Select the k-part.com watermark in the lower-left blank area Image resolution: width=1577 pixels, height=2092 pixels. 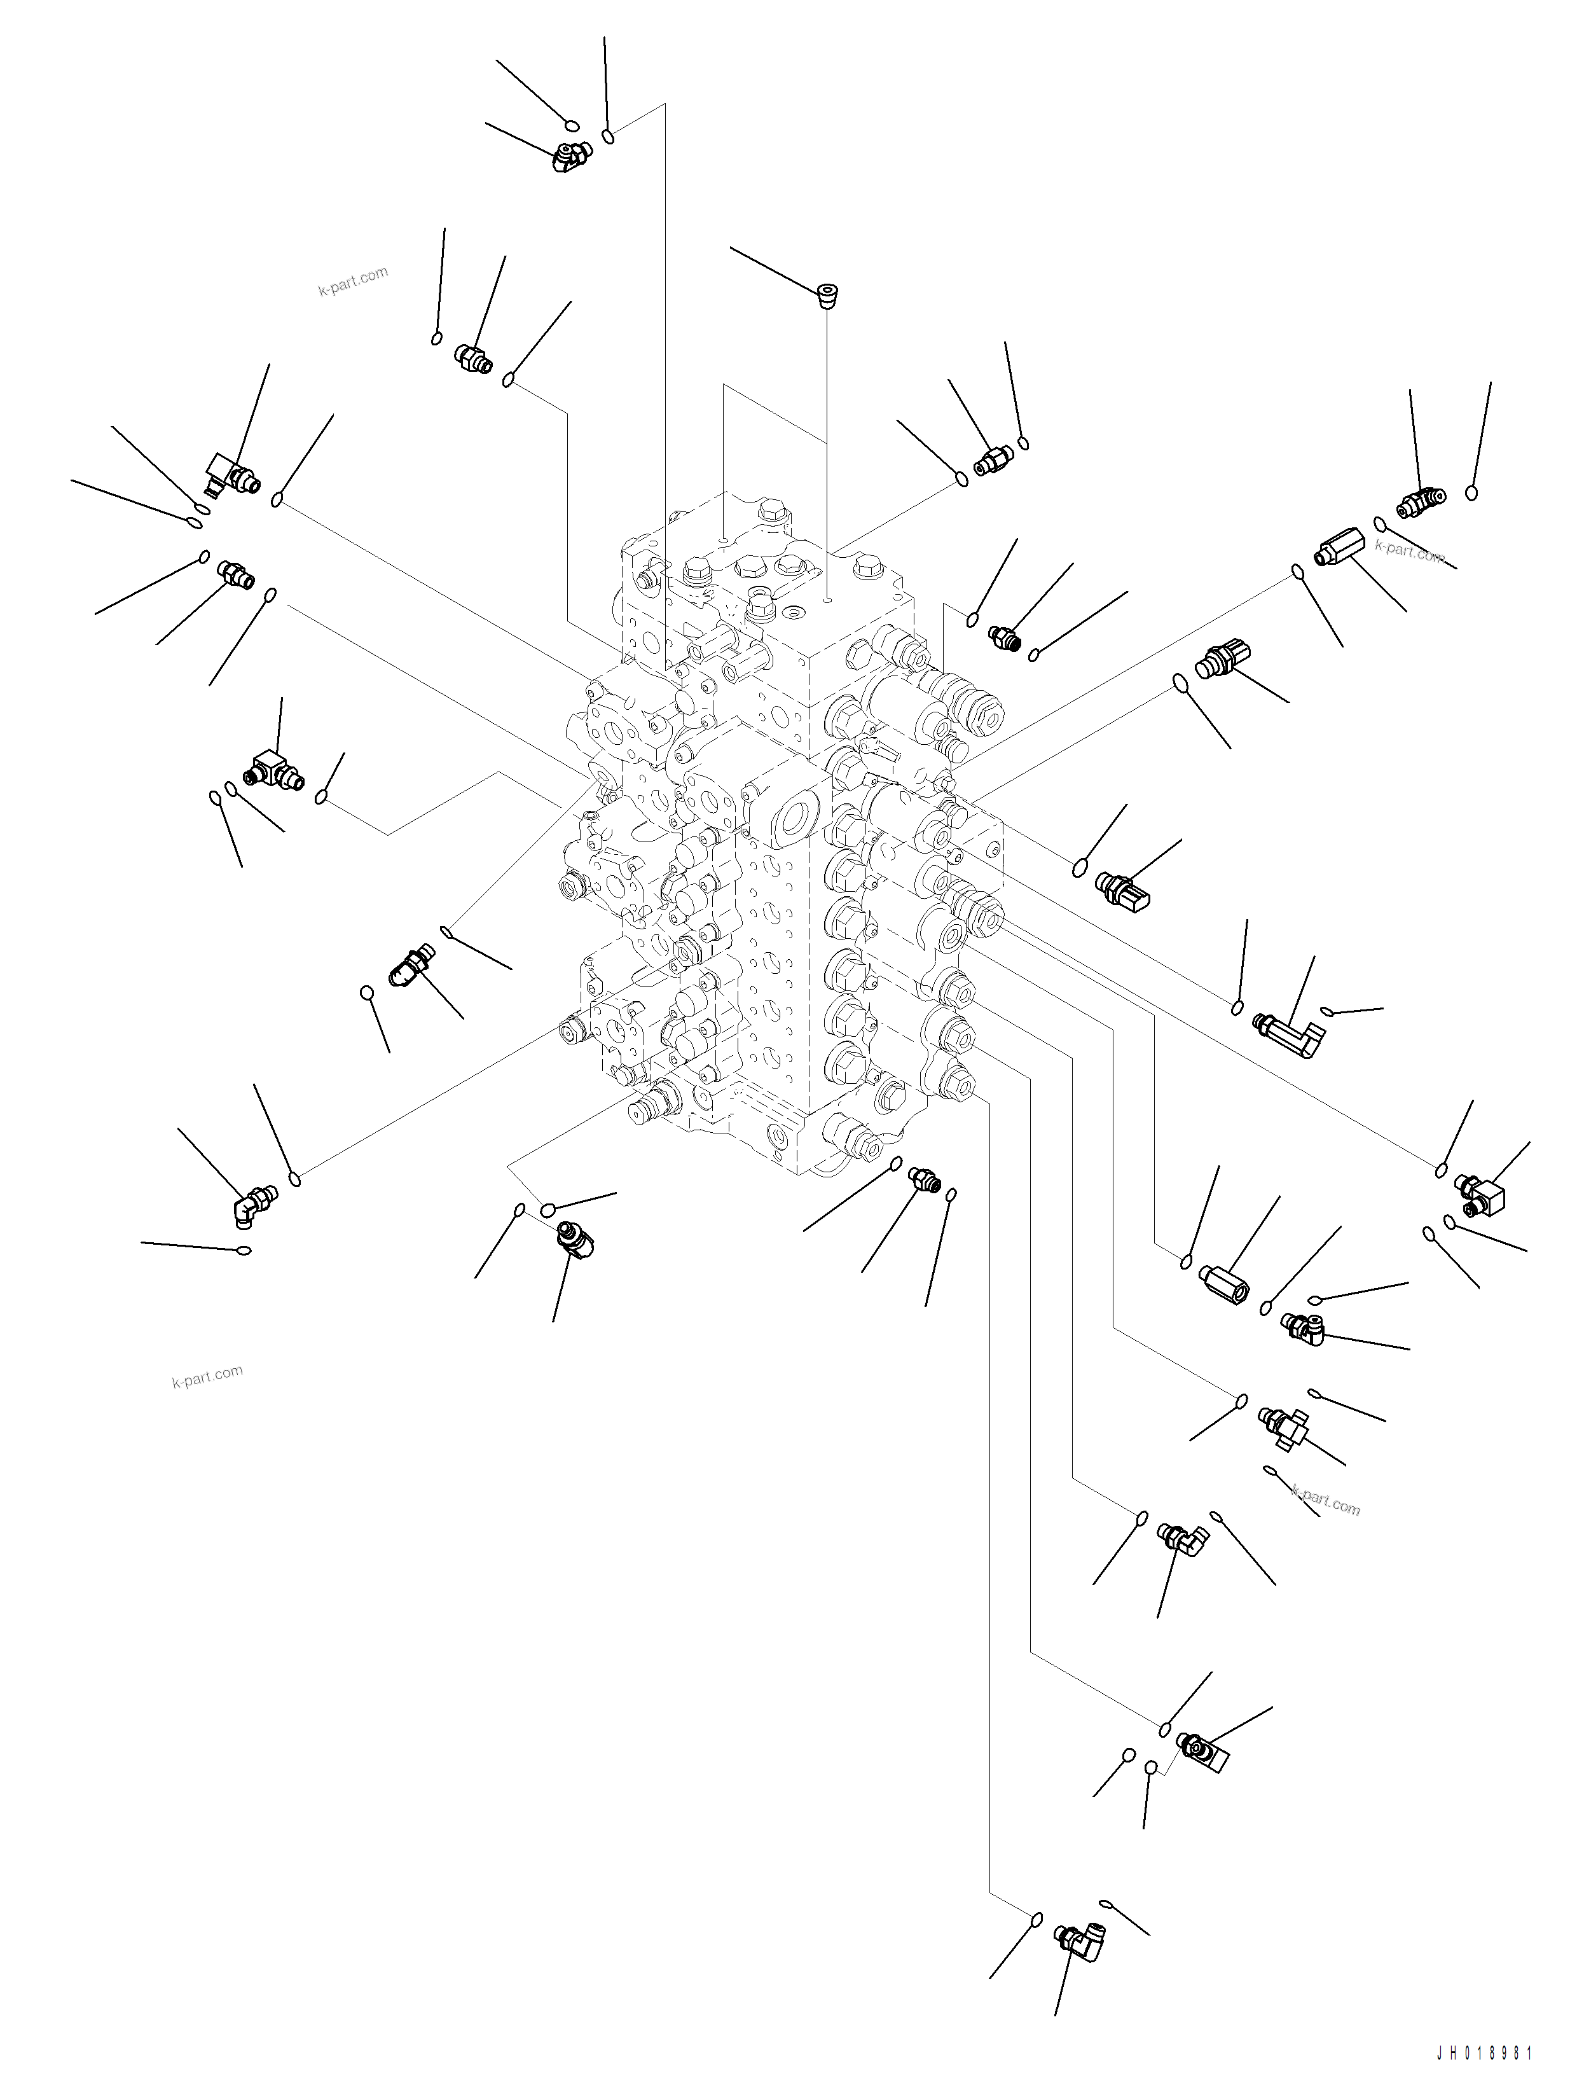point(207,1376)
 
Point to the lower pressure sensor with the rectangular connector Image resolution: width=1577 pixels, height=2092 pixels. point(1123,889)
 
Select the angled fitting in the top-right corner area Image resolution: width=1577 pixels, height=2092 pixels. point(1421,503)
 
